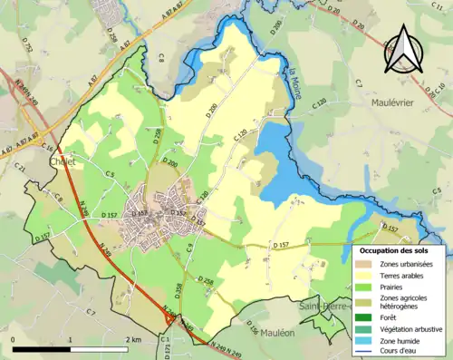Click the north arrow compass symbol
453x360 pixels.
coord(404,50)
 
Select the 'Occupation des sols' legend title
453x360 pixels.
coord(400,249)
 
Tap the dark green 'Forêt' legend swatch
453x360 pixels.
coord(366,317)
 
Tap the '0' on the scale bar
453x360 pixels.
coord(13,339)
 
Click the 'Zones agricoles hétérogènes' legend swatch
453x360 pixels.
coord(366,302)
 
